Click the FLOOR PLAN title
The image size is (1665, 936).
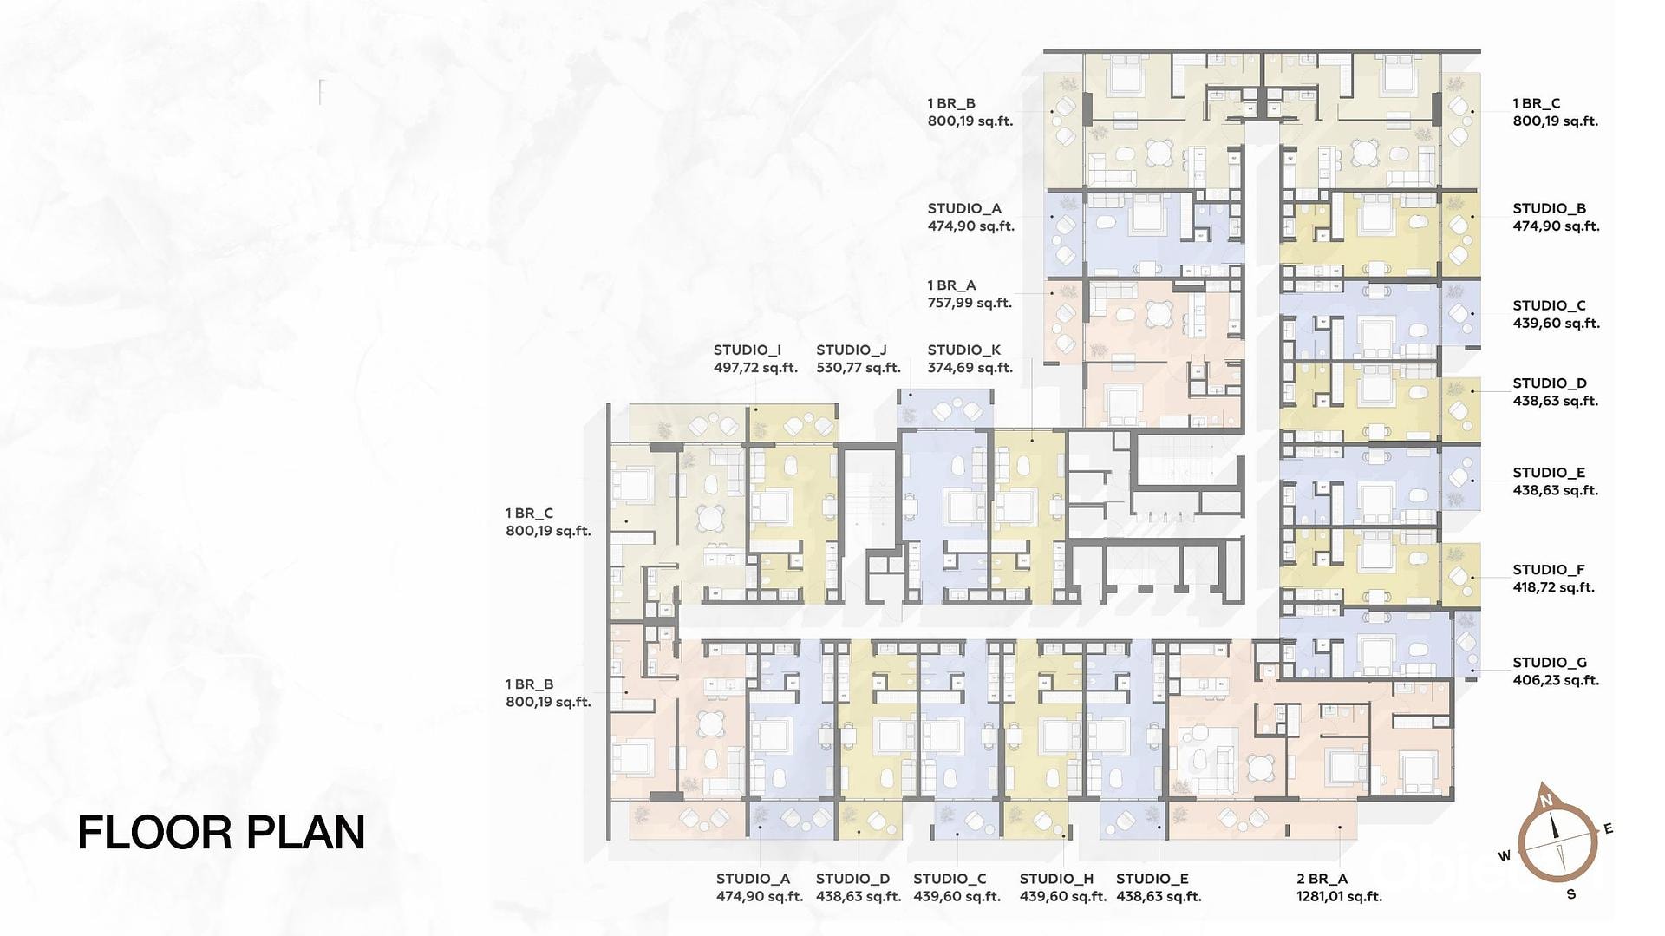tap(221, 832)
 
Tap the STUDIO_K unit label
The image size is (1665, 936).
tap(963, 350)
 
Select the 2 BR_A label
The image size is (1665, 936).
tap(1322, 879)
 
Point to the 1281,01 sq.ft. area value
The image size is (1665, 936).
tap(1339, 897)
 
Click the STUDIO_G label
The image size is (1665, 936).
tap(1550, 663)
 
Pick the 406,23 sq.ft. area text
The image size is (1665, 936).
tap(1556, 681)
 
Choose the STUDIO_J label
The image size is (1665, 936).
tap(851, 350)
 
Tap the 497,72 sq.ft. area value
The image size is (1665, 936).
tap(755, 368)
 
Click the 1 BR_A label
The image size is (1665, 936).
tap(951, 285)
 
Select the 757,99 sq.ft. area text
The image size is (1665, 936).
tap(970, 304)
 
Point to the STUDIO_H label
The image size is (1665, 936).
tap(1056, 879)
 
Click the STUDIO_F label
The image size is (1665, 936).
tap(1549, 570)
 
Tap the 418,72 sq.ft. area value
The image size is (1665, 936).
tap(1554, 588)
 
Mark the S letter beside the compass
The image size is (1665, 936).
tap(1570, 894)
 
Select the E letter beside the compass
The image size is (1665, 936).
tap(1608, 828)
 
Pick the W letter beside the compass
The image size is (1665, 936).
tap(1504, 855)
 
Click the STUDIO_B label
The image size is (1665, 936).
tap(1550, 208)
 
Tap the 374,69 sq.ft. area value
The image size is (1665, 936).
tap(970, 368)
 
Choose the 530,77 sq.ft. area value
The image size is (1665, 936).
tap(859, 368)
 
